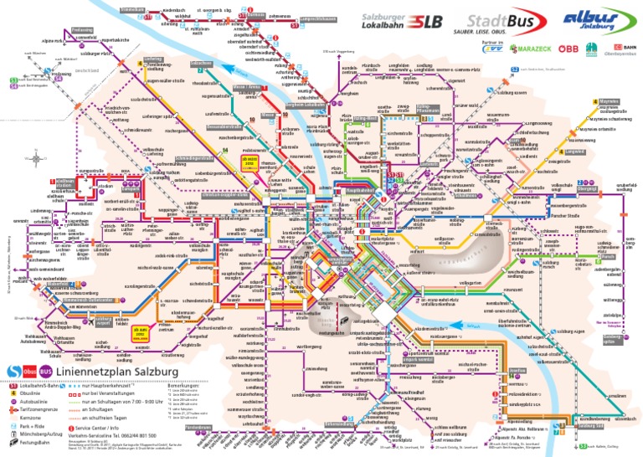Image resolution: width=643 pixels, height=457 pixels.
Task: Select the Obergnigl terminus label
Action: tap(587, 188)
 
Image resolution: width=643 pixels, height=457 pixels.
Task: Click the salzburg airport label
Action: tap(103, 321)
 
